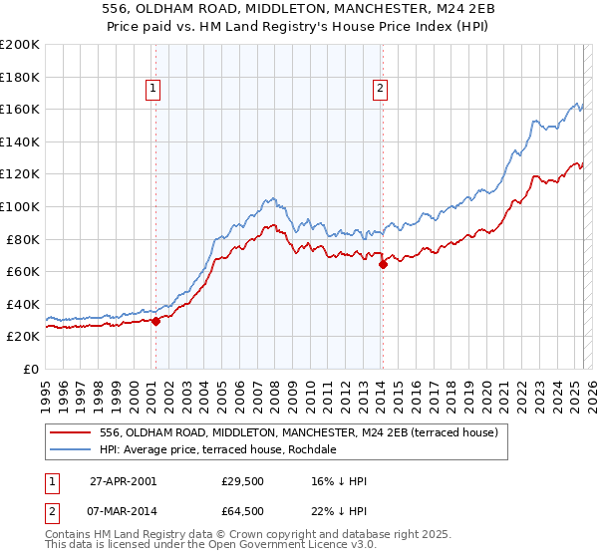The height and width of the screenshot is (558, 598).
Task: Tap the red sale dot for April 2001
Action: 156,321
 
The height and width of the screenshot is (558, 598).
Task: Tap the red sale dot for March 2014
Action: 383,264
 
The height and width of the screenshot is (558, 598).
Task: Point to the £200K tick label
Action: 20,45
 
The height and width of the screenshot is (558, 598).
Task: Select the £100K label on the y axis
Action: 20,206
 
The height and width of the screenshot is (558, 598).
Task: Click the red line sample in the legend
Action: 70,431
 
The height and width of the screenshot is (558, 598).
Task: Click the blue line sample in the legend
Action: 70,449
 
